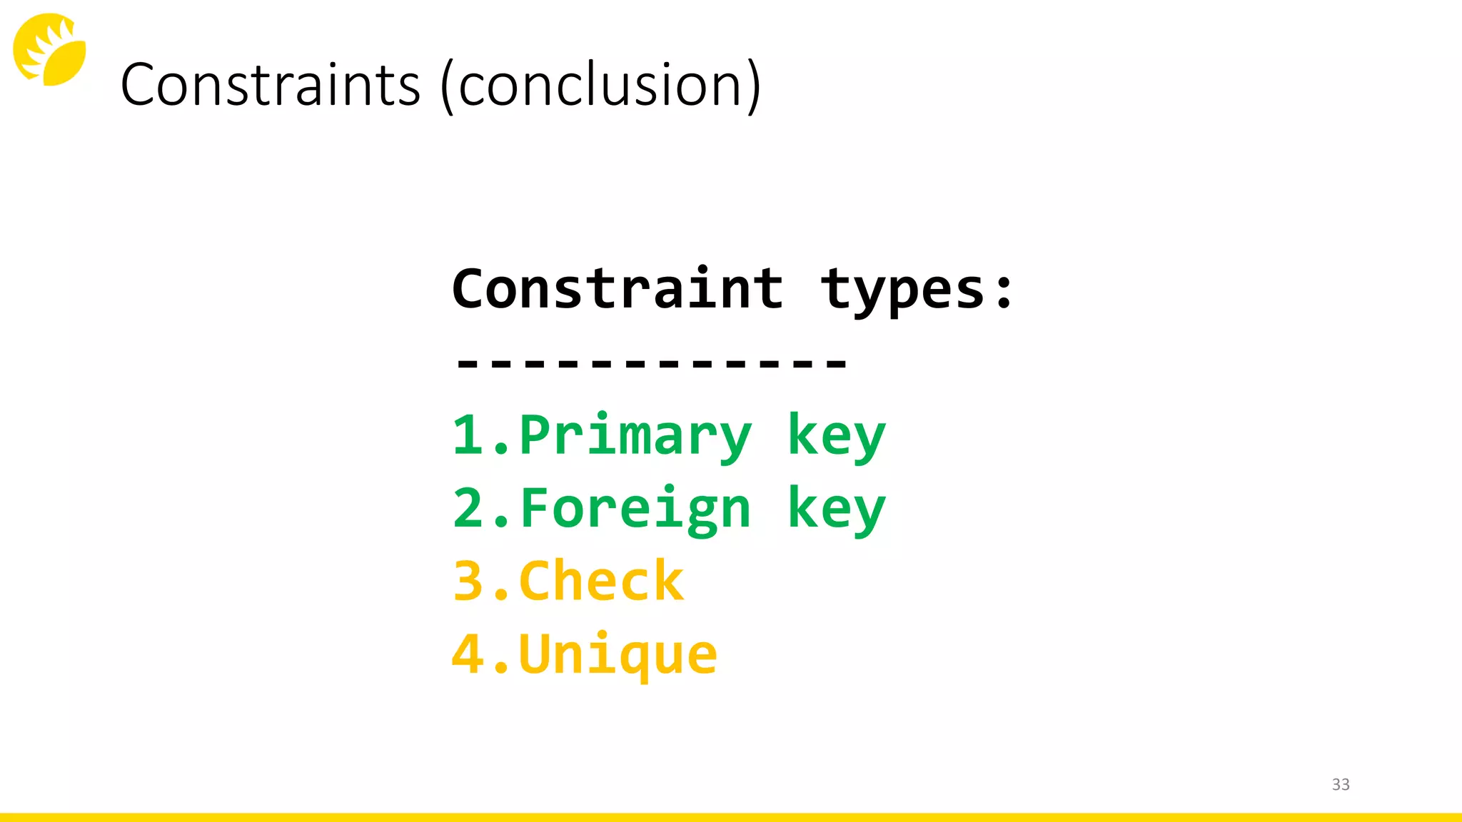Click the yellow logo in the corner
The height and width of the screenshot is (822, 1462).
pyautogui.click(x=49, y=49)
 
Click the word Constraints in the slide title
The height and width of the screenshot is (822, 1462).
pyautogui.click(x=270, y=85)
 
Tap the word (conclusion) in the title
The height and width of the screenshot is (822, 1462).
pyautogui.click(x=601, y=86)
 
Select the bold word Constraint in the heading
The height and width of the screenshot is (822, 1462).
pyautogui.click(x=617, y=289)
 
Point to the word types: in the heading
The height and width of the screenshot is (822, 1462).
pyautogui.click(x=917, y=291)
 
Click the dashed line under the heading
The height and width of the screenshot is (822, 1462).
pyautogui.click(x=651, y=363)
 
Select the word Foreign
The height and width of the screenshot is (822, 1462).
pyautogui.click(x=635, y=509)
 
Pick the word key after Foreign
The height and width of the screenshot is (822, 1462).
pyautogui.click(x=836, y=509)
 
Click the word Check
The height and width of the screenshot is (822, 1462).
pyautogui.click(x=601, y=581)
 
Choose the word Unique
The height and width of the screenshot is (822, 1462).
pyautogui.click(x=618, y=654)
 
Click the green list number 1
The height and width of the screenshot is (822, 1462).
pyautogui.click(x=468, y=435)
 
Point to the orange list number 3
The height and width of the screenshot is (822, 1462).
pyautogui.click(x=468, y=581)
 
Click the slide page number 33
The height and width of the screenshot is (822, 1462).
pyautogui.click(x=1341, y=784)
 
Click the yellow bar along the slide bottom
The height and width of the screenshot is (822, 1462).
pyautogui.click(x=731, y=817)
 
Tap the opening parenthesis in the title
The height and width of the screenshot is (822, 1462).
pyautogui.click(x=448, y=87)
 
